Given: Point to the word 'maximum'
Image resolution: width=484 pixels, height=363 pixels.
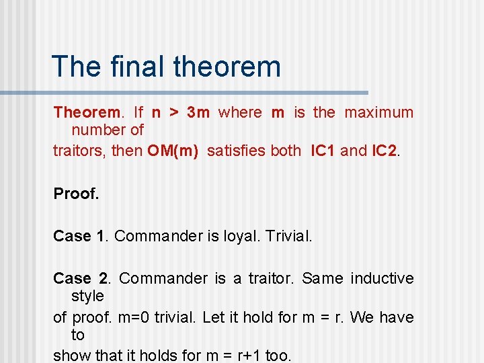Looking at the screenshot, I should pos(379,112).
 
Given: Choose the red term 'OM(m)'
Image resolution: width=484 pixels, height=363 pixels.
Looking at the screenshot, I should pos(173,151).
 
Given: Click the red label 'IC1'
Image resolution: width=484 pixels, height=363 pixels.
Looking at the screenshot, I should pos(323,151).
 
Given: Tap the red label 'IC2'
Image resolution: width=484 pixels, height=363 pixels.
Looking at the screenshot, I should pos(384,151).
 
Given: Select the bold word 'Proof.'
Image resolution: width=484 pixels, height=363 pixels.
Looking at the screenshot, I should pos(76,194).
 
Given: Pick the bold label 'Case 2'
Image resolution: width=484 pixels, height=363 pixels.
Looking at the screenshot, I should pos(81,278).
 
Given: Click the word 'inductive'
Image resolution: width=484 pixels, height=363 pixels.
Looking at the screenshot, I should pos(382,278).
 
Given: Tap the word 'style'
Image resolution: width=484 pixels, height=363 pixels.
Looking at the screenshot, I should pos(87,296).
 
